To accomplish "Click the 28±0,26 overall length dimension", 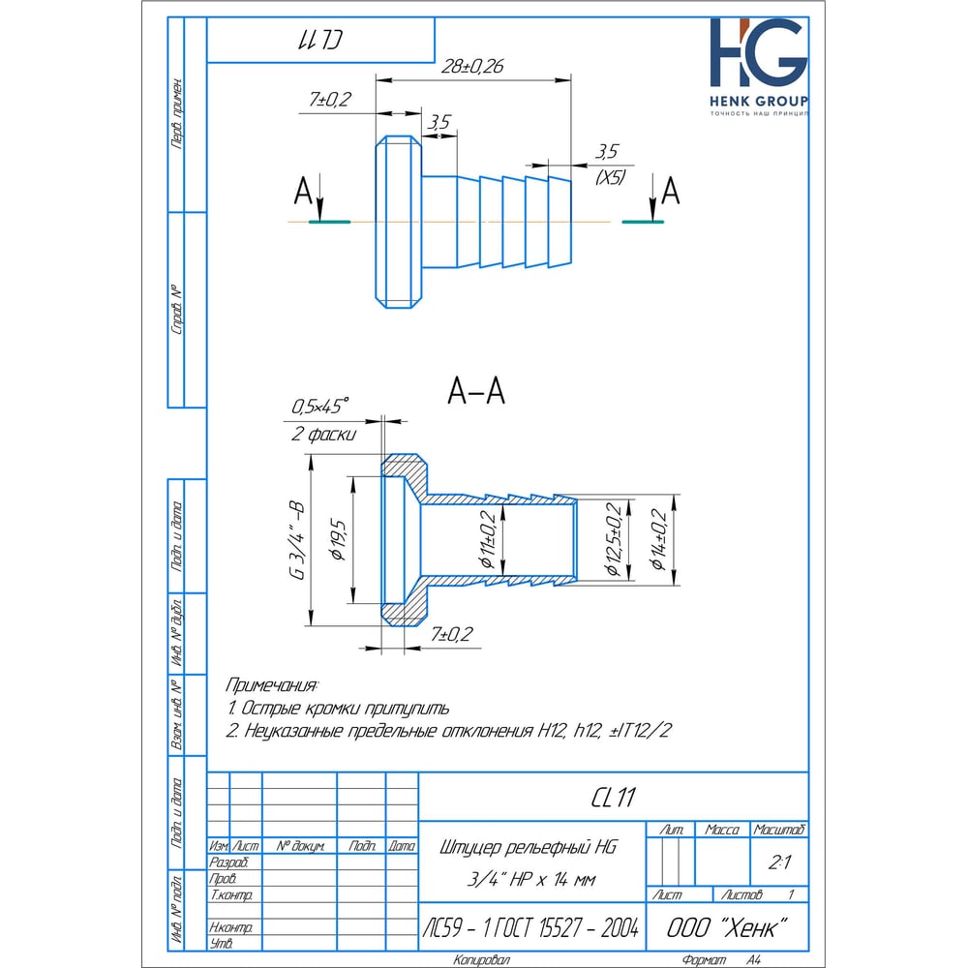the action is coord(472,66).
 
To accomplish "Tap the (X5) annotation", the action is coord(610,178).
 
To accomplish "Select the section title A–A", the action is coord(476,391).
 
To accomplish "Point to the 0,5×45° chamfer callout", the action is coord(319,407).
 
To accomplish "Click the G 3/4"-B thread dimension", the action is coord(297,541).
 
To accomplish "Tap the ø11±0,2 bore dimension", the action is coord(488,539).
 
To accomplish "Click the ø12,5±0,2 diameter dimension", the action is coord(614,539).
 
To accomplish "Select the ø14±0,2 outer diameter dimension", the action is coord(658,539).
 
